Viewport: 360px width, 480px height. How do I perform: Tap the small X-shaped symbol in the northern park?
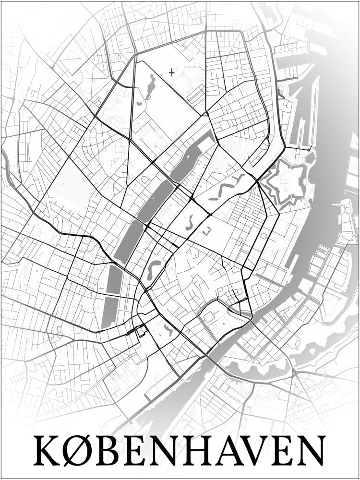tap(171, 72)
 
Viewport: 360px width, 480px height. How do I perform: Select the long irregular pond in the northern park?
tap(150, 86)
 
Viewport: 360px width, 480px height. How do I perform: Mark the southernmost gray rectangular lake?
tap(109, 312)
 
